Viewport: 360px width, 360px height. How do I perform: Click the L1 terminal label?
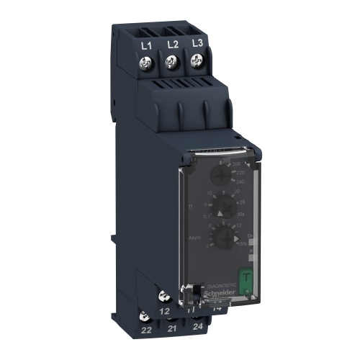pos(147,45)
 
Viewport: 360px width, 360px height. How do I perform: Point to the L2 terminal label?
pos(172,44)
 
